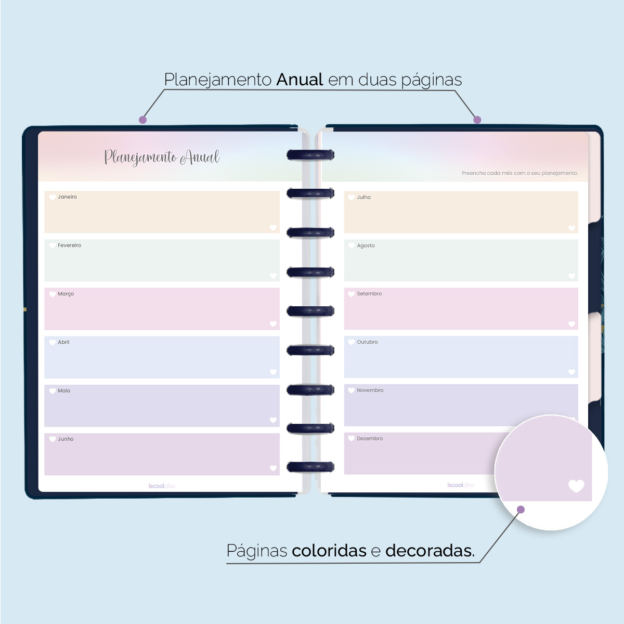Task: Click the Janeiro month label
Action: point(67,197)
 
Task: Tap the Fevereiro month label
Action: point(69,245)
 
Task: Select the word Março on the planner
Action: point(66,294)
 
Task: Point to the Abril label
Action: point(63,342)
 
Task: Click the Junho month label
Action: point(66,439)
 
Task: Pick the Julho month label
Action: point(363,198)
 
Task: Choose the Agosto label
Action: point(366,246)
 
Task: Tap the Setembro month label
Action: point(369,294)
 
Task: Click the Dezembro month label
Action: point(370,439)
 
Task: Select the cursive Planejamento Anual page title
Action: point(162,157)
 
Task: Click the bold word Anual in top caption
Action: point(300,80)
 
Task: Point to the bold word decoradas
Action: point(430,551)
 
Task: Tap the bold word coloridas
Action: point(329,551)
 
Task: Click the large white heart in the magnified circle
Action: point(576,486)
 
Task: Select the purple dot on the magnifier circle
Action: point(521,510)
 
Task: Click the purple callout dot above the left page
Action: point(142,120)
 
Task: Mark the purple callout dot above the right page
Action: point(477,120)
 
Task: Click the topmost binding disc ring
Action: point(310,154)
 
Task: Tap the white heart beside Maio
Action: point(53,391)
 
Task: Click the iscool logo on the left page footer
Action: point(162,486)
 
